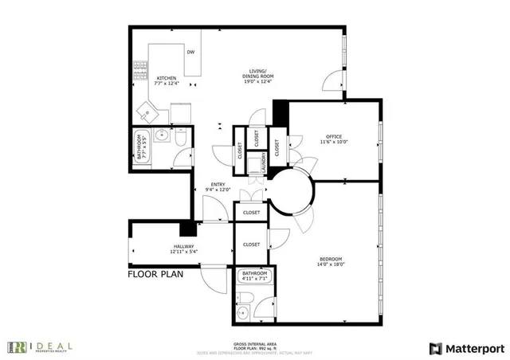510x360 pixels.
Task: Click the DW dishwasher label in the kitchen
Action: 190,53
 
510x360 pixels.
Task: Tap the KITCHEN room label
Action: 167,78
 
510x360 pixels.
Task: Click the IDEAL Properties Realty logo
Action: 40,346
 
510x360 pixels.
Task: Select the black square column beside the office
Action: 280,112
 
